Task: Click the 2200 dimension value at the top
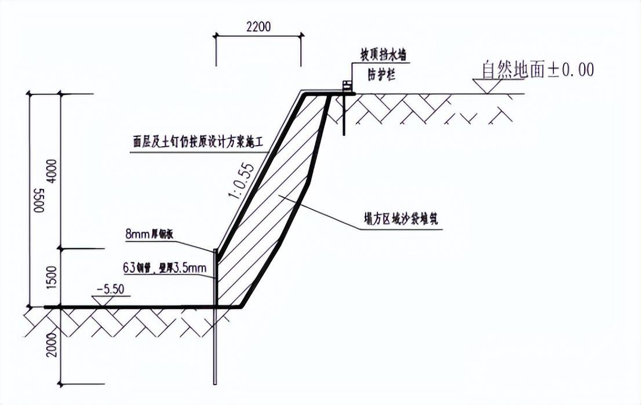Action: click(258, 27)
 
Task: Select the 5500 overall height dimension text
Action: click(38, 200)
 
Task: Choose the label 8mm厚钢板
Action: click(150, 234)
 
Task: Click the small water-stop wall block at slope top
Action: click(347, 87)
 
